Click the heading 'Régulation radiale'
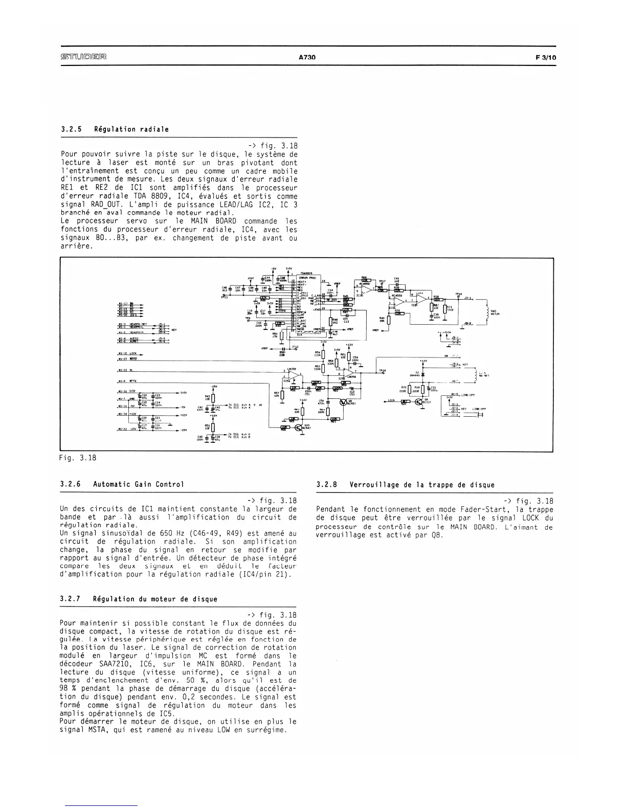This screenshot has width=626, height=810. (x=131, y=129)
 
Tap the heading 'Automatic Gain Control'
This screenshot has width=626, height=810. (x=139, y=484)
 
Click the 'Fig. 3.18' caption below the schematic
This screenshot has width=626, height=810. (x=78, y=458)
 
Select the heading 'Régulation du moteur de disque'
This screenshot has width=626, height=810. (x=155, y=599)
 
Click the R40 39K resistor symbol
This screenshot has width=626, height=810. (x=389, y=320)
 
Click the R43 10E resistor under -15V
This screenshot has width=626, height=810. (x=213, y=398)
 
